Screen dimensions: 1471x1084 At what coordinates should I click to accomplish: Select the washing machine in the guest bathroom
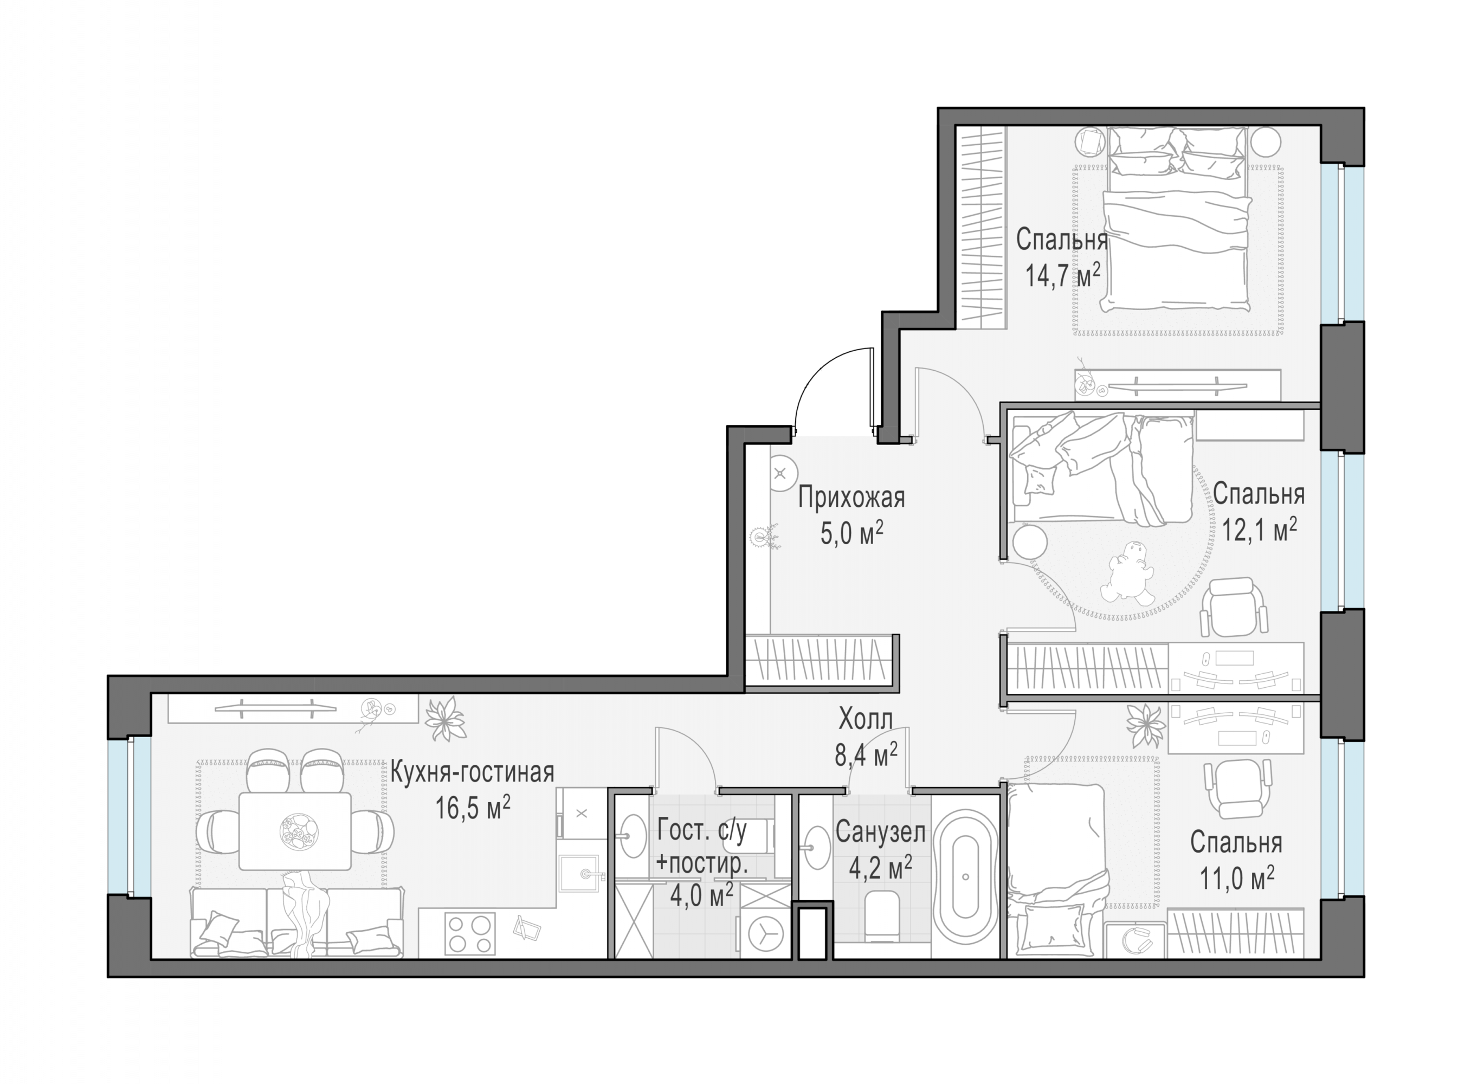coord(763,932)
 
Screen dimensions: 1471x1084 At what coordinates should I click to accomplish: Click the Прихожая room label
coord(851,498)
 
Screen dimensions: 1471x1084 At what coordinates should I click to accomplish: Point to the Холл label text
coord(866,720)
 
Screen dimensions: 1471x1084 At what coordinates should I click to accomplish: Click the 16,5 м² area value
coord(473,808)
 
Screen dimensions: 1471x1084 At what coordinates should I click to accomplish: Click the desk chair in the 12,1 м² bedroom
coord(1234,608)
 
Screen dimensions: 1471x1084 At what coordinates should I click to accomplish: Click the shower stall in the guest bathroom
coord(634,919)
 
